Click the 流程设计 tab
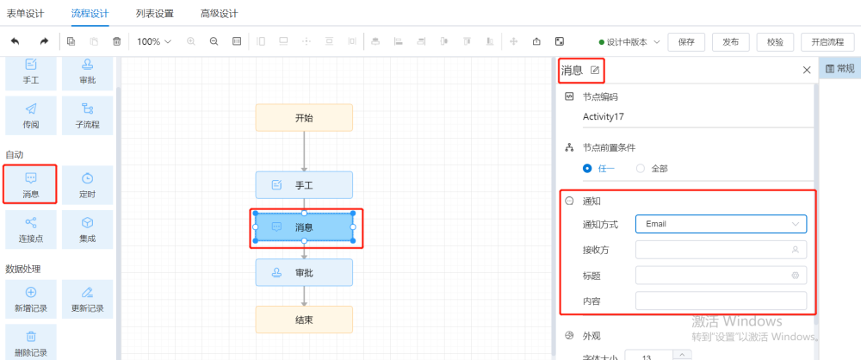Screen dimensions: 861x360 [90, 14]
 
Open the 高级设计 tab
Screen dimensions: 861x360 [219, 14]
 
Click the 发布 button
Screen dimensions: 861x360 [731, 42]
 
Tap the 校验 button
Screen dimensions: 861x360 [776, 42]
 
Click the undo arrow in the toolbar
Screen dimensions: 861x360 [15, 41]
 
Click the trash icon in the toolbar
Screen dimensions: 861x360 [116, 41]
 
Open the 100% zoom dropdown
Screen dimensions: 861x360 [154, 41]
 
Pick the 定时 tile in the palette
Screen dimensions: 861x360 [87, 184]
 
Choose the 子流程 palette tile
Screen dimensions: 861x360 [87, 115]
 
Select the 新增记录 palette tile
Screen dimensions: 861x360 [31, 299]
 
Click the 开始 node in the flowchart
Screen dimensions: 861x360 [304, 118]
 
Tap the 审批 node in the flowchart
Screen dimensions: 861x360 [304, 273]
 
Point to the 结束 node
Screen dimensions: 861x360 [304, 320]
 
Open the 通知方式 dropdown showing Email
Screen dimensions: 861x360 [721, 224]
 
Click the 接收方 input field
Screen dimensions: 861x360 [721, 250]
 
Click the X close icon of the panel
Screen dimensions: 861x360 [807, 70]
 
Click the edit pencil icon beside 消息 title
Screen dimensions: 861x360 [595, 70]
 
